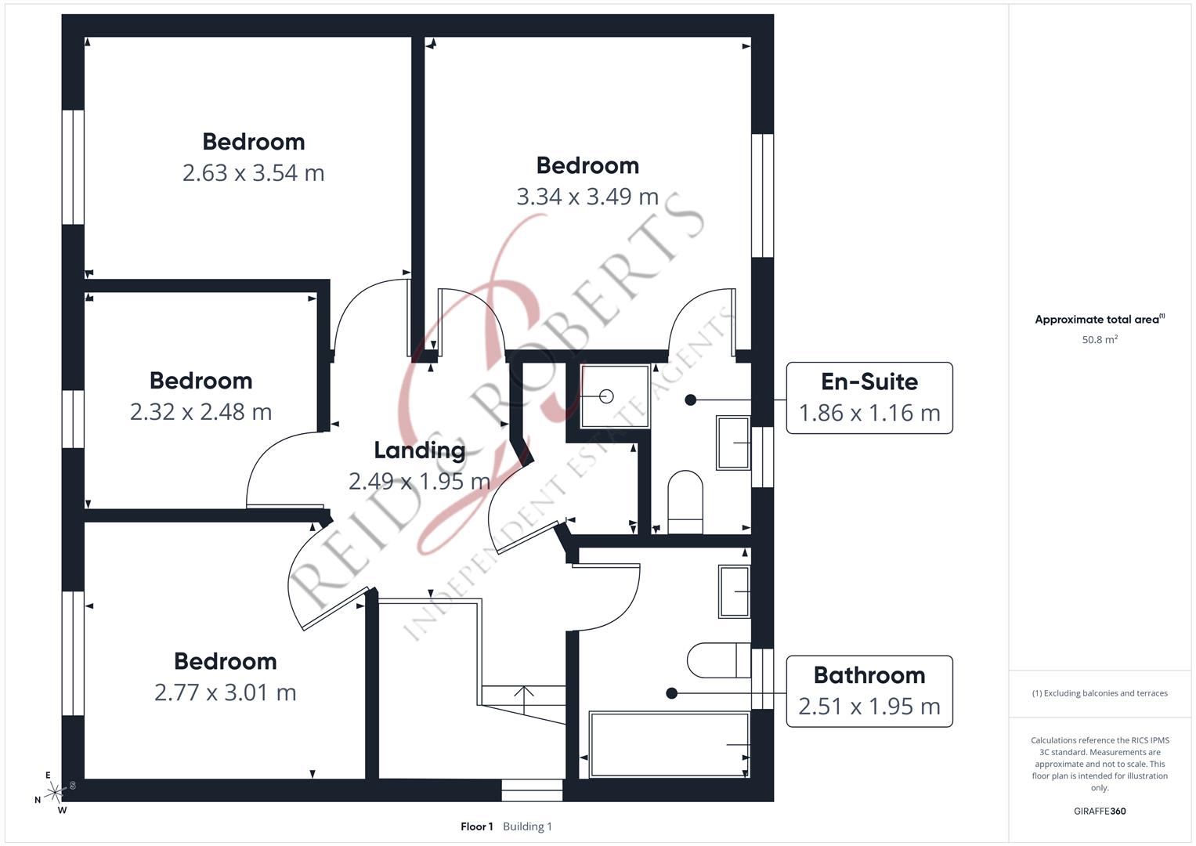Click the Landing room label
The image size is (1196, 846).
coord(419,450)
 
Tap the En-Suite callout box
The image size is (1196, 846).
coord(869,398)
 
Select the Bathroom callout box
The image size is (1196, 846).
coord(869,691)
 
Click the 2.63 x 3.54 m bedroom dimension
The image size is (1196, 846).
coord(253,173)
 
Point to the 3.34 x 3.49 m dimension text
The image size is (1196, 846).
coord(587,197)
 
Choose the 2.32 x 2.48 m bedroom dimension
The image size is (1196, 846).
coord(201,412)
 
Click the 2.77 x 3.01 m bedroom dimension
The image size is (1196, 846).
coord(225,692)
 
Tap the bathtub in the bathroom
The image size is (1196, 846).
coord(668,743)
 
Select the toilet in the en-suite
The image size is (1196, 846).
coord(685,502)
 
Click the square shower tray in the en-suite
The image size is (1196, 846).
coord(615,396)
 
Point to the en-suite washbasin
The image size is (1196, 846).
coord(733,443)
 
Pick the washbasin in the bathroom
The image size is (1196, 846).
coord(735,591)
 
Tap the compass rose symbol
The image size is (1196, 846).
coord(55,792)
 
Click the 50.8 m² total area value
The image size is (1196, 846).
coord(1100,340)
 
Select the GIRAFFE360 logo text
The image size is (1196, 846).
coord(1100,812)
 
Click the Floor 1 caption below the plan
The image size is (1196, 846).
coord(476,826)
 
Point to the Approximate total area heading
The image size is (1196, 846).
coord(1099,320)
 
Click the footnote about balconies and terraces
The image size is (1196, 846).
coord(1100,693)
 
